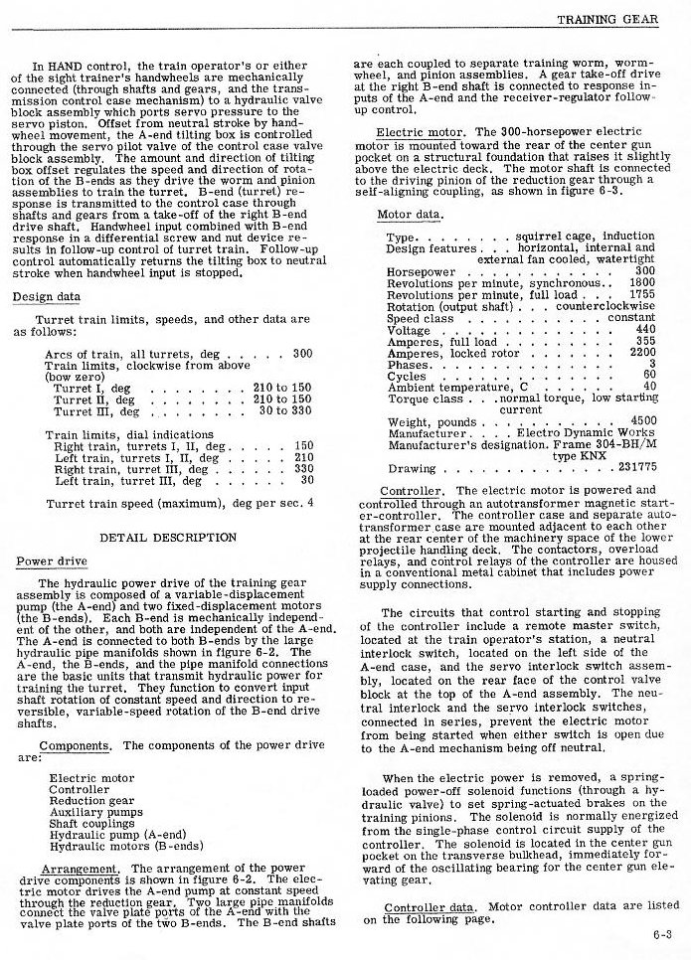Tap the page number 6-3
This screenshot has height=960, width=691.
click(663, 933)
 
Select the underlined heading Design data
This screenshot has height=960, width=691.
click(47, 297)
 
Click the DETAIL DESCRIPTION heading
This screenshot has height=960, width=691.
click(168, 538)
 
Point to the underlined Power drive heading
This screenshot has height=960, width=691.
click(49, 561)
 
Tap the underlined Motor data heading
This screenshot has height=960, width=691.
click(410, 215)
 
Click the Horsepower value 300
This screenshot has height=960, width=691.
click(645, 270)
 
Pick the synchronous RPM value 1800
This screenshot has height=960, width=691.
click(642, 282)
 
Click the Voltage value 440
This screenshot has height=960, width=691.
click(645, 329)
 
